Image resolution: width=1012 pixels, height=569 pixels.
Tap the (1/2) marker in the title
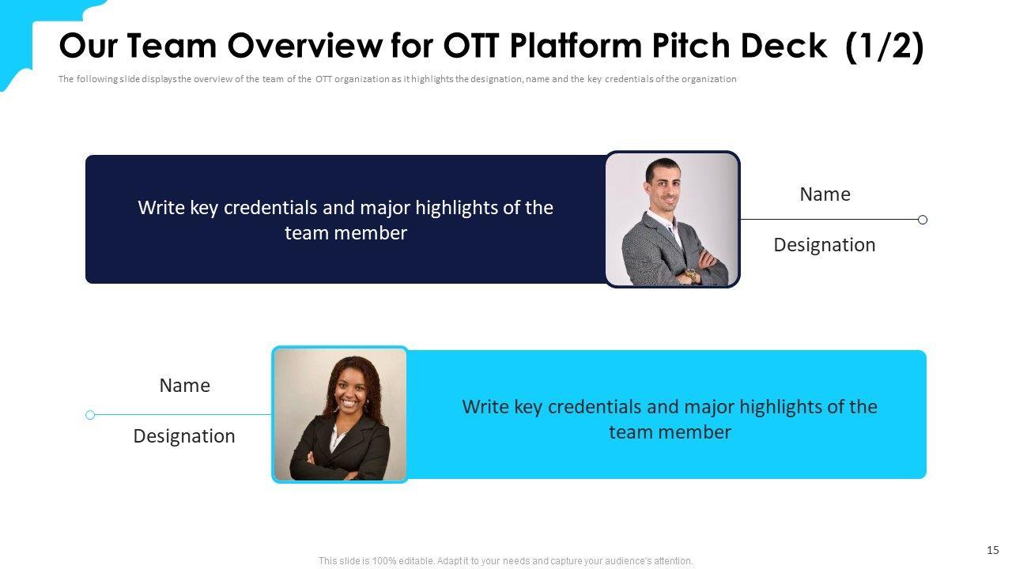point(885,47)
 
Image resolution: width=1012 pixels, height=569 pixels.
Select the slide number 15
point(992,550)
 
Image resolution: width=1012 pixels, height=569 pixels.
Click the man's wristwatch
point(690,274)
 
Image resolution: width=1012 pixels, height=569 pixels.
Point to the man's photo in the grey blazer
point(672,220)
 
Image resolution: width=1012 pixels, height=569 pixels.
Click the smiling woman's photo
point(340,415)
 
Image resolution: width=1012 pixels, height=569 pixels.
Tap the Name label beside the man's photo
point(825,194)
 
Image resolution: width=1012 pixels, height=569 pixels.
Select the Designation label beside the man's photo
point(825,245)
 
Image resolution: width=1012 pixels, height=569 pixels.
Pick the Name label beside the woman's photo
point(184,386)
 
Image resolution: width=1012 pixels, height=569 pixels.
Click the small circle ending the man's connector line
point(923,220)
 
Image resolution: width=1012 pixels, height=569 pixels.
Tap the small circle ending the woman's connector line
point(90,415)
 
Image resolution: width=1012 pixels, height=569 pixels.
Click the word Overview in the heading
point(305,46)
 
